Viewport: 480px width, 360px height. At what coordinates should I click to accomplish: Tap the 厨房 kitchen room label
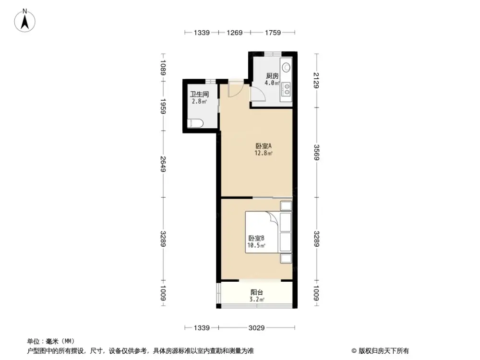(272, 76)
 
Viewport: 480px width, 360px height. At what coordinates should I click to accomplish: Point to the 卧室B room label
(256, 238)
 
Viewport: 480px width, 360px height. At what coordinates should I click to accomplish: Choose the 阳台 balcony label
(257, 292)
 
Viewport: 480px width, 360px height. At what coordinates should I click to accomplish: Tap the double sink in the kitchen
(286, 88)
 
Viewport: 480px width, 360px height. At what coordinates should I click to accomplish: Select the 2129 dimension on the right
(316, 80)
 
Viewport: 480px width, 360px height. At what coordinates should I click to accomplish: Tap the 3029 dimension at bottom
(257, 328)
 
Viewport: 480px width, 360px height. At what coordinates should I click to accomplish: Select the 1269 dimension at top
(234, 33)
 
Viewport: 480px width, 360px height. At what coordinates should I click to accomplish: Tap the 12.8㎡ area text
(264, 154)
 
